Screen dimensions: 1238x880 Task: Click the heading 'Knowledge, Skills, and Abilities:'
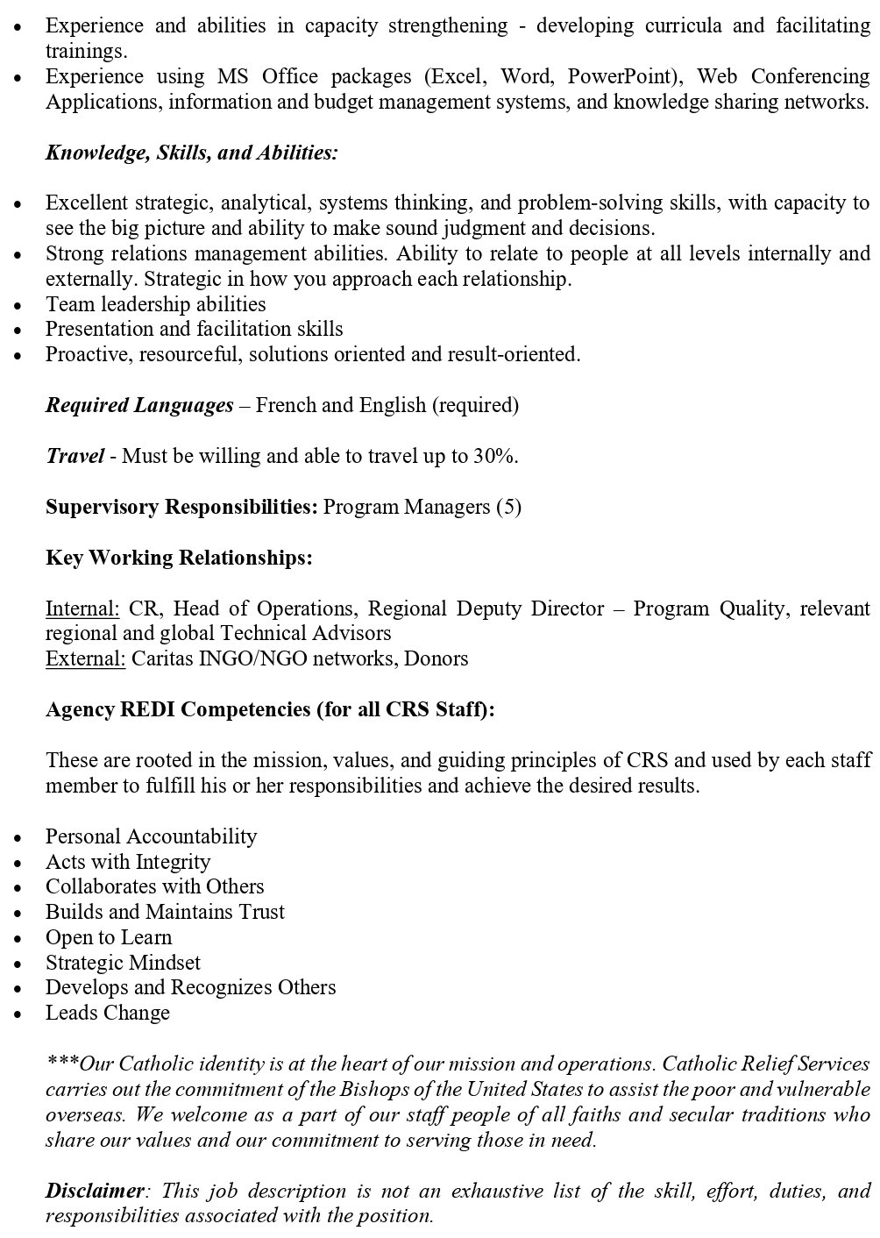click(191, 153)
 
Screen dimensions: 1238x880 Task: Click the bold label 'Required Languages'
click(139, 405)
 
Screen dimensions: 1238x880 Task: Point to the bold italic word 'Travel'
click(75, 456)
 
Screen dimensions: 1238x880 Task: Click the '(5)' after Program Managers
click(508, 507)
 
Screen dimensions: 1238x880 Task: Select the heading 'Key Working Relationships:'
click(179, 558)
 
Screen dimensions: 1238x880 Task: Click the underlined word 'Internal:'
click(82, 608)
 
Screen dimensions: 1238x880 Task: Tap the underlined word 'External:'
click(86, 658)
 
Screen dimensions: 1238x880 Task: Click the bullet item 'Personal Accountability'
click(151, 836)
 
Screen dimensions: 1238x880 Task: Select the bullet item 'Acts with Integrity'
click(128, 862)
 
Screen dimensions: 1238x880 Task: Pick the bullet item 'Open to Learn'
click(109, 937)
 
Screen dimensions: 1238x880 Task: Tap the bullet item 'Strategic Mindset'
click(123, 963)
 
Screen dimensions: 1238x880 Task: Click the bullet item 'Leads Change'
click(108, 1013)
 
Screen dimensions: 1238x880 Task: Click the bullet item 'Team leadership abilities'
click(155, 304)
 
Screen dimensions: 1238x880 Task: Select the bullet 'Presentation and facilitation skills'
click(194, 330)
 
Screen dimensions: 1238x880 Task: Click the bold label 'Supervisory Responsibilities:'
click(181, 507)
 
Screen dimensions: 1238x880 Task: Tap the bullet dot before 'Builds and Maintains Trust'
click(18, 914)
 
